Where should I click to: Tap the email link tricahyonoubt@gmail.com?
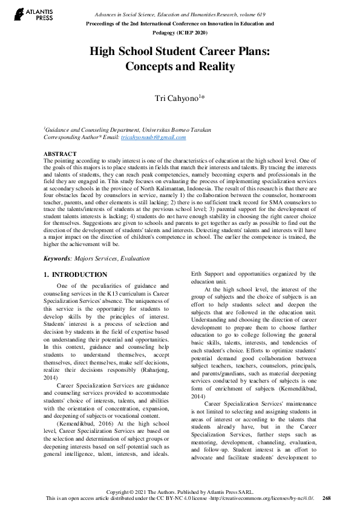tap(154, 137)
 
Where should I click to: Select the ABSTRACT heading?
tap(60, 154)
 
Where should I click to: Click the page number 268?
tap(327, 498)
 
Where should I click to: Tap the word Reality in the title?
tap(212, 66)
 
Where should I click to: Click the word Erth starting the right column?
tap(197, 274)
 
